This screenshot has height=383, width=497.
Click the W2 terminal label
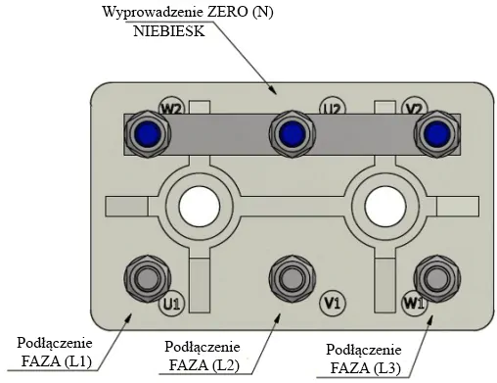[x=171, y=109]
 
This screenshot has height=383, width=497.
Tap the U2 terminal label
[x=333, y=109]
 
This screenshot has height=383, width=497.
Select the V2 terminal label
[x=415, y=109]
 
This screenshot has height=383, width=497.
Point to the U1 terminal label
[x=171, y=304]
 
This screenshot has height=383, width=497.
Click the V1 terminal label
[x=333, y=304]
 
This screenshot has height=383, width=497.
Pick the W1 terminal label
[x=414, y=304]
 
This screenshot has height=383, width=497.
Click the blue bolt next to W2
[x=148, y=134]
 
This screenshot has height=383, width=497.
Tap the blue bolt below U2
[x=293, y=134]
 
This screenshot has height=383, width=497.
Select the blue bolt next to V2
[x=437, y=134]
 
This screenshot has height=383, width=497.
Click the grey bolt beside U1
[x=148, y=279]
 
